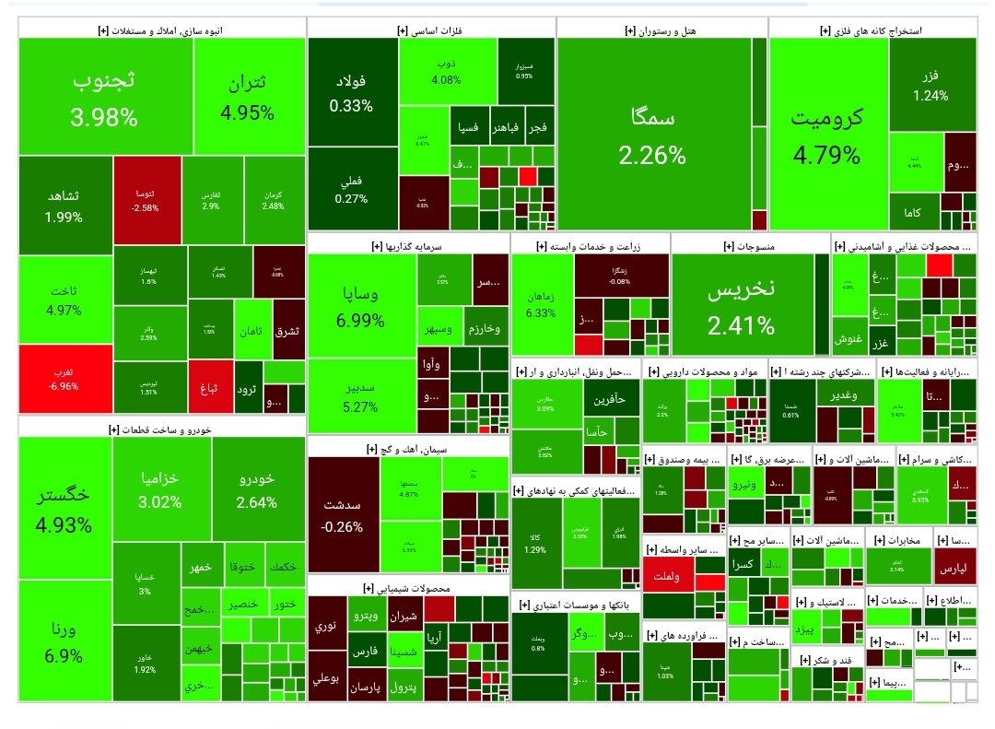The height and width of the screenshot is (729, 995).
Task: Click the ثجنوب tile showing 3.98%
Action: pos(106,98)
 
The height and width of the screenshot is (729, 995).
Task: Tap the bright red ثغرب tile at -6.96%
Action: pos(64,379)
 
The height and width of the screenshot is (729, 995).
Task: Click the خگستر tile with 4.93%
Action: pos(64,509)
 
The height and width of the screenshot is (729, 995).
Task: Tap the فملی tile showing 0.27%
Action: pos(351,188)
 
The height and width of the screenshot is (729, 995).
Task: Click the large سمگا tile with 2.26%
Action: pos(652,134)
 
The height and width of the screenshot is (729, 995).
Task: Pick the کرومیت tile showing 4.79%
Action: pos(826,134)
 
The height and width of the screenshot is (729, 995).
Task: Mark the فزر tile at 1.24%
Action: pos(931,85)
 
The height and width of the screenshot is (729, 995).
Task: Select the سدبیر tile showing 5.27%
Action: pos(360,395)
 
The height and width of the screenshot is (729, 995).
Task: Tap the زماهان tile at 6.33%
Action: pos(541,304)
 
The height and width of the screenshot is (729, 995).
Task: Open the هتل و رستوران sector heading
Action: pos(661,30)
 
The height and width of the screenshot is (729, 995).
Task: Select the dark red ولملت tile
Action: pos(665,577)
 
